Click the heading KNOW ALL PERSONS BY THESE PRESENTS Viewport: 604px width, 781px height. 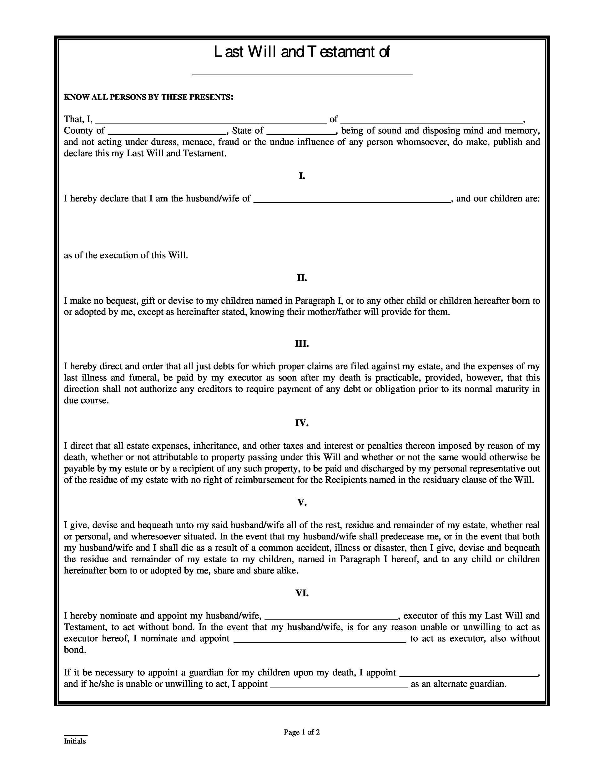(148, 97)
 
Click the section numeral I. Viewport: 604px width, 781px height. (302, 176)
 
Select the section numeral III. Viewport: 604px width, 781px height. (302, 344)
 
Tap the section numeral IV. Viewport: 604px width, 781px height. (302, 423)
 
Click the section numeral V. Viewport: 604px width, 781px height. (302, 503)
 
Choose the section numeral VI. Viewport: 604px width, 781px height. (302, 593)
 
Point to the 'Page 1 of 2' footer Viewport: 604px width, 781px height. (302, 732)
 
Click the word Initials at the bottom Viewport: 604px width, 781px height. (75, 741)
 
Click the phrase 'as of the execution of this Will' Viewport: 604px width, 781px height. (126, 255)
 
